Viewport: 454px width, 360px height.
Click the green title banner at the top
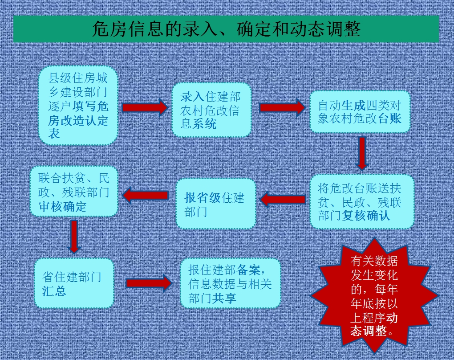coord(226,29)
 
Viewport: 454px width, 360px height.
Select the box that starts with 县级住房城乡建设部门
coord(78,106)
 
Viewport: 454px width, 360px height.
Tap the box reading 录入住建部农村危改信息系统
coord(212,110)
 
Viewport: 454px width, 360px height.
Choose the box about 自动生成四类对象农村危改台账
coord(360,111)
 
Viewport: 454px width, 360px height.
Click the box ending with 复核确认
coord(362,202)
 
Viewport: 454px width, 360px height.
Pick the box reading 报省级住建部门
coord(216,204)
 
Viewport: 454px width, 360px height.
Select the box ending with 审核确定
coord(74,191)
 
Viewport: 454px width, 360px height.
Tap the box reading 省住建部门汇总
coord(74,283)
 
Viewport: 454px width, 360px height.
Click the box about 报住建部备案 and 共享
coord(231,283)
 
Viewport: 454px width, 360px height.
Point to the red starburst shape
coord(374,296)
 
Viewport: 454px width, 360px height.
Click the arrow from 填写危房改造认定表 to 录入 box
coord(145,107)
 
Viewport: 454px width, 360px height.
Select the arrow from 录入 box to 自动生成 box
coord(283,107)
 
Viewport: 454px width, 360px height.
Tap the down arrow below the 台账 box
coord(362,153)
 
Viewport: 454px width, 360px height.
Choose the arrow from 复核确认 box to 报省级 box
coord(283,200)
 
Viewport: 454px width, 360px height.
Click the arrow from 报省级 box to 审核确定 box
coord(146,195)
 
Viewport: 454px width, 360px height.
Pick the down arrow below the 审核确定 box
coord(74,237)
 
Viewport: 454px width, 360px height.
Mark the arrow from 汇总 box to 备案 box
coord(149,283)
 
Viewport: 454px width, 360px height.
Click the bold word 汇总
coord(54,291)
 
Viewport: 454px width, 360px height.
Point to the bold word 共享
coord(224,298)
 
